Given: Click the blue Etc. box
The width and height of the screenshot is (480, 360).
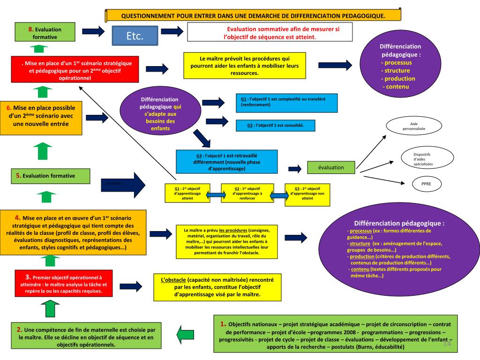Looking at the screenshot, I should click(x=134, y=36).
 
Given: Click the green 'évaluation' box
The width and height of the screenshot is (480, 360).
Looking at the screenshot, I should click(x=331, y=167).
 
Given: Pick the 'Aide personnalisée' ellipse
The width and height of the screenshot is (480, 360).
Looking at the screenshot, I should click(x=413, y=126).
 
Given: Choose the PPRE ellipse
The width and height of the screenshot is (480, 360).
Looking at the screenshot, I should click(x=426, y=184).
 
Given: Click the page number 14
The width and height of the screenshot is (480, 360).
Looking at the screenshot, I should click(x=446, y=345).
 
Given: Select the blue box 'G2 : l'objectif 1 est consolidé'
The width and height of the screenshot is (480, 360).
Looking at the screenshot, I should click(x=276, y=126).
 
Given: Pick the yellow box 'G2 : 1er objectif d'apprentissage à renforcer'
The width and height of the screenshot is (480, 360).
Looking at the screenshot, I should click(x=247, y=193).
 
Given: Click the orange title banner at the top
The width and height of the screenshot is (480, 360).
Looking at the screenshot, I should click(x=253, y=15).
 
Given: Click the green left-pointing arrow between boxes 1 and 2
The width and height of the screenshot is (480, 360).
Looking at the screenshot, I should click(x=187, y=334).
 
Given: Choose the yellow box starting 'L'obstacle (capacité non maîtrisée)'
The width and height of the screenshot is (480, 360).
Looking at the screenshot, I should click(x=217, y=287).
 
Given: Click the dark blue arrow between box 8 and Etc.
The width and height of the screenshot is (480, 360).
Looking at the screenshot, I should click(x=93, y=31).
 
